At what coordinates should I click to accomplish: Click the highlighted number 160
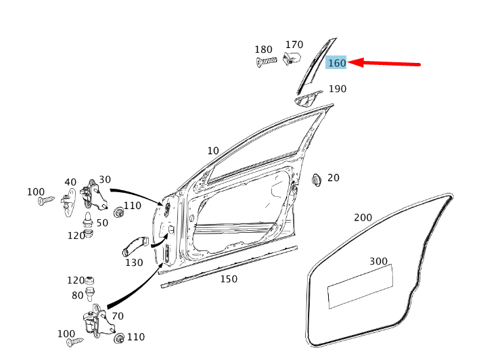tap(336, 63)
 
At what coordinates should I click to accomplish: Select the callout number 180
tap(263, 49)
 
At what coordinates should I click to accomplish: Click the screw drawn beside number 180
tap(268, 62)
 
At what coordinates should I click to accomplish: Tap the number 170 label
tap(294, 45)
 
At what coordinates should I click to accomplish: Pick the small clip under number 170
tap(292, 57)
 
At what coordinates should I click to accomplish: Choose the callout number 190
tap(337, 89)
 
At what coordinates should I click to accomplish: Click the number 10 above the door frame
tap(213, 150)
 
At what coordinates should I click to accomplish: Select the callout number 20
tap(333, 178)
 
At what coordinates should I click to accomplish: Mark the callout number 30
tap(104, 179)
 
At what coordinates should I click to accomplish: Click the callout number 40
tap(70, 182)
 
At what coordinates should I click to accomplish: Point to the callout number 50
tap(102, 223)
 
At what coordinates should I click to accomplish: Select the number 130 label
tap(134, 263)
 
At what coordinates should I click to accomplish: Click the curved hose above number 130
tap(135, 244)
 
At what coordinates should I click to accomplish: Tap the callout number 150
tap(229, 279)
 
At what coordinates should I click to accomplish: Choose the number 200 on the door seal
tap(363, 217)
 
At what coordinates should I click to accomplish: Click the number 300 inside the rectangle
tap(378, 261)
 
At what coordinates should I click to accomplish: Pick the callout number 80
tap(78, 295)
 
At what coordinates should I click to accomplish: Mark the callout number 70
tap(117, 315)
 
